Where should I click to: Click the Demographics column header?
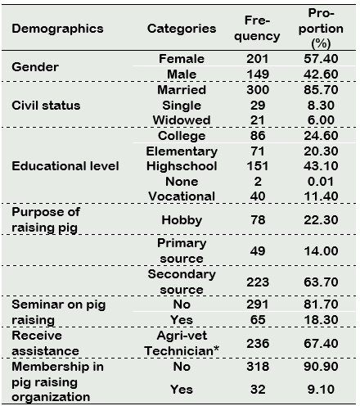click(x=57, y=29)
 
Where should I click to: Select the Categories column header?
click(x=182, y=29)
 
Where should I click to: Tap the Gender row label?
click(x=35, y=67)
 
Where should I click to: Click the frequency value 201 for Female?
click(x=258, y=59)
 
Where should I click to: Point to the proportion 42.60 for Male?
click(x=321, y=74)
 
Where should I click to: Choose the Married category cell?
click(x=182, y=90)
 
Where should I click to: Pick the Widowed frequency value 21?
click(x=258, y=120)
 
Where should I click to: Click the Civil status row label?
click(x=46, y=106)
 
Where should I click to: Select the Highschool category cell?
click(x=182, y=166)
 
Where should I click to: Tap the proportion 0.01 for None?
click(x=321, y=182)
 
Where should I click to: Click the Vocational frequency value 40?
click(x=258, y=196)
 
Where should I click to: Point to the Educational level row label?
click(x=65, y=166)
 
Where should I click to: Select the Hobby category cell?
click(x=182, y=220)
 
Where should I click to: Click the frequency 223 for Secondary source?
click(x=258, y=282)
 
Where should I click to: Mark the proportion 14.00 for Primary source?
click(x=321, y=250)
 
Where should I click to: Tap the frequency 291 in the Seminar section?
click(x=258, y=304)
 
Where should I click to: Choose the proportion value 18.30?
click(x=321, y=320)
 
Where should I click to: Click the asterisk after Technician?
click(x=216, y=349)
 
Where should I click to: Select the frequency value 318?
click(x=258, y=367)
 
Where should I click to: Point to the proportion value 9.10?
click(x=321, y=390)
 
